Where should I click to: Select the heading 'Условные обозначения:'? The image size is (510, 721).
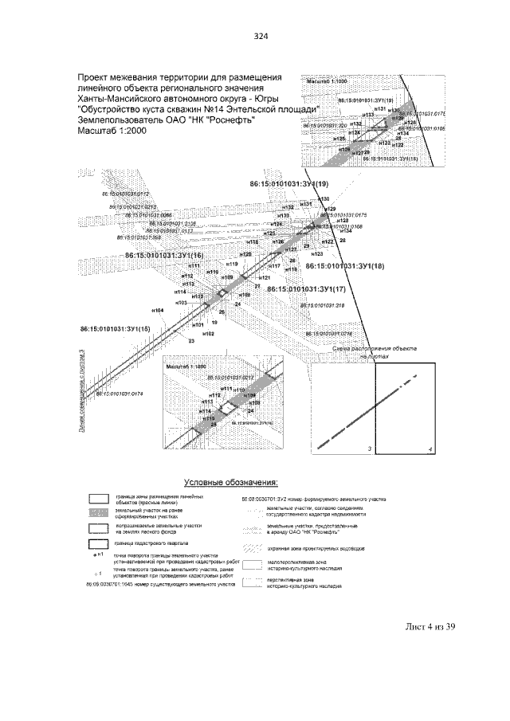coord(231,482)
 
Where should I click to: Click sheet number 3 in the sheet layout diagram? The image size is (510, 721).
coord(370,450)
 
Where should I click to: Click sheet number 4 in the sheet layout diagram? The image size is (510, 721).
coord(430,450)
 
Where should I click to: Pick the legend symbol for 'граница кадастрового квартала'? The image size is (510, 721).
coord(98,544)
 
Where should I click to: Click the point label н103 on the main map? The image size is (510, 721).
coord(181,303)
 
